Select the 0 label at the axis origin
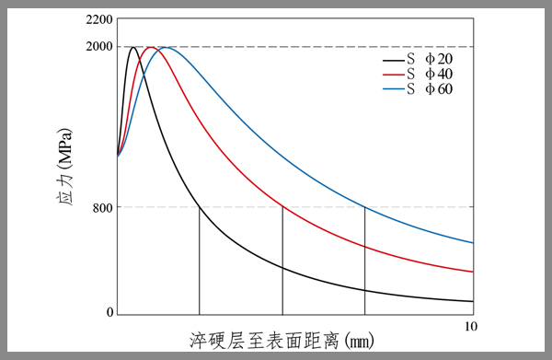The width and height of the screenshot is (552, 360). [x=110, y=313]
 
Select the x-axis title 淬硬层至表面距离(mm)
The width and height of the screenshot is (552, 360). [x=285, y=341]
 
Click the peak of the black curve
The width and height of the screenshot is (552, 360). [x=133, y=47]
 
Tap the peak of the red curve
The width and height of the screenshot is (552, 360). [x=151, y=47]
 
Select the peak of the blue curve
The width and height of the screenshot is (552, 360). [x=166, y=47]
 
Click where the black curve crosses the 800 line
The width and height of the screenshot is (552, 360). [x=200, y=207]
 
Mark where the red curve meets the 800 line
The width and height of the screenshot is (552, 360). [x=282, y=207]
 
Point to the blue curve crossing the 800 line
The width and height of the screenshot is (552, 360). [x=365, y=207]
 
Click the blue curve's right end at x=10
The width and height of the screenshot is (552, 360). [x=472, y=243]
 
